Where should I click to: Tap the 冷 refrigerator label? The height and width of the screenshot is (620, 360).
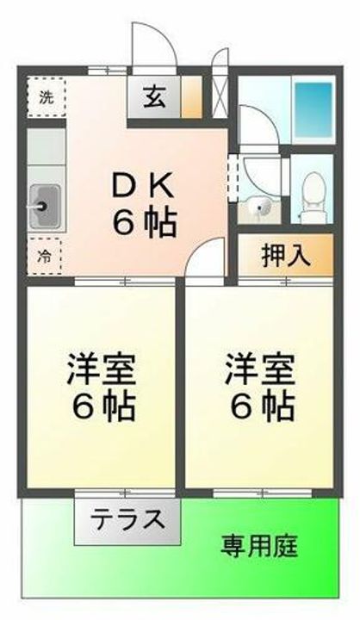[x=42, y=255]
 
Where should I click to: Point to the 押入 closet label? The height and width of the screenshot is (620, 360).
[x=283, y=256]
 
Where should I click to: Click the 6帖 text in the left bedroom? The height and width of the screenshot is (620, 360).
[x=101, y=405]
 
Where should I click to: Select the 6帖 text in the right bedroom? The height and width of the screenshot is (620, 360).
[x=259, y=405]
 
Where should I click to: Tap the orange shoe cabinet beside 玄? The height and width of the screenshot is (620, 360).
[x=192, y=97]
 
